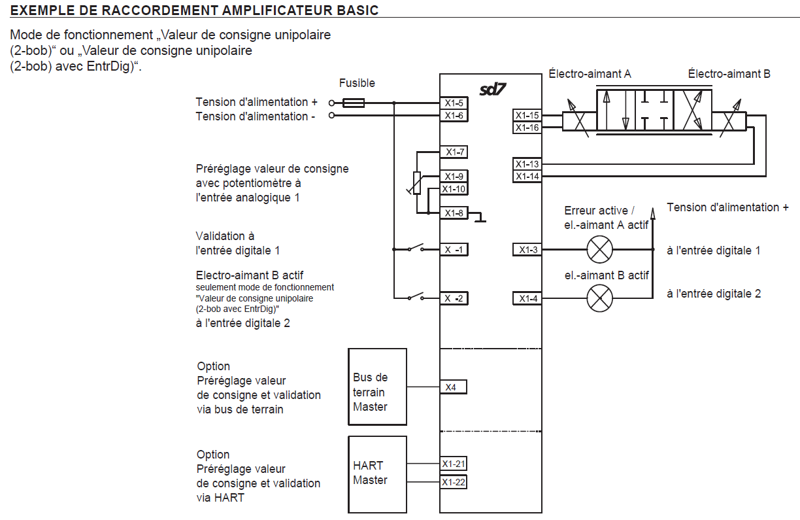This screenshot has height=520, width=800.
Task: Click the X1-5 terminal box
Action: [x=454, y=103]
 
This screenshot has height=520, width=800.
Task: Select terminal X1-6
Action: [x=454, y=116]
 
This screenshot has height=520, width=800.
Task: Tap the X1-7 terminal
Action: [x=454, y=152]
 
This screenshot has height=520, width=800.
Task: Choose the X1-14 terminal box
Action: [x=527, y=176]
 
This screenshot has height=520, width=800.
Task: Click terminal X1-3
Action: [x=527, y=249]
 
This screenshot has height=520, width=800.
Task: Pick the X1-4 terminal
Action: [x=527, y=298]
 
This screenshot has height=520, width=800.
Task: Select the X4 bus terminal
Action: [x=453, y=387]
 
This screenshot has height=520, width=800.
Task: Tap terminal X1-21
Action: [x=453, y=464]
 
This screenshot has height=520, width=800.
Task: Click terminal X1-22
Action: [x=453, y=482]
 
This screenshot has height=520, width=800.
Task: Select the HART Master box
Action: [x=377, y=474]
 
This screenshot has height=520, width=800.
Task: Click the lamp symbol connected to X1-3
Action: [x=599, y=249]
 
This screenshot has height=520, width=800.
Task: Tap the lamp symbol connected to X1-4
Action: [x=599, y=299]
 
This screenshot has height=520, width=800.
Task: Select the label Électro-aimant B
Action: [x=729, y=74]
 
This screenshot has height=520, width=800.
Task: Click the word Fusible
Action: [x=357, y=84]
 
